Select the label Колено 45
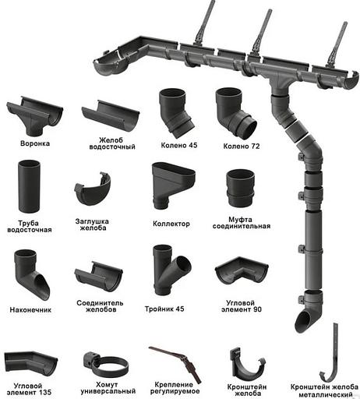tap(179, 145)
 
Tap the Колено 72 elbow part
tap(235, 112)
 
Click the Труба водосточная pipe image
tap(29, 187)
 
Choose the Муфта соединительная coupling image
tap(240, 189)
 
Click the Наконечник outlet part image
tap(31, 275)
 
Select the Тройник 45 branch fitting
tap(171, 270)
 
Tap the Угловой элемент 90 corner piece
tap(242, 271)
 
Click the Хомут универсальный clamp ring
tap(106, 365)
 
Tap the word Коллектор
tap(171, 224)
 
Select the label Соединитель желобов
tap(100, 306)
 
